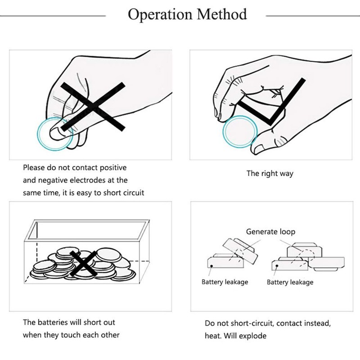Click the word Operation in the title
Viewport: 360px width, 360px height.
(160, 15)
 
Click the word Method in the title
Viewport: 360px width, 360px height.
(222, 14)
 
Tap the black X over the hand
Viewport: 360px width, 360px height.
(93, 107)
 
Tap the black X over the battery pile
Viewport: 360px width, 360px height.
(84, 264)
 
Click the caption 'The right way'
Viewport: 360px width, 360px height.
(270, 173)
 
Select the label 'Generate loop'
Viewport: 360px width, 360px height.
(270, 232)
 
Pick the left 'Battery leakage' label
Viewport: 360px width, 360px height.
(225, 282)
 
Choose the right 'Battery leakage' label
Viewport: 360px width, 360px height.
(290, 282)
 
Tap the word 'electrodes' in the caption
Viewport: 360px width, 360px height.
(88, 180)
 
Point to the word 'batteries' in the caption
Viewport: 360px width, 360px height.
(53, 322)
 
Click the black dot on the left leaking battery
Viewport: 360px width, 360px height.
(211, 266)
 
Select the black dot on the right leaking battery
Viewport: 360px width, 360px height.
(277, 266)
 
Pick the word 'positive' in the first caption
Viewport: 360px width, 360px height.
(113, 167)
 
